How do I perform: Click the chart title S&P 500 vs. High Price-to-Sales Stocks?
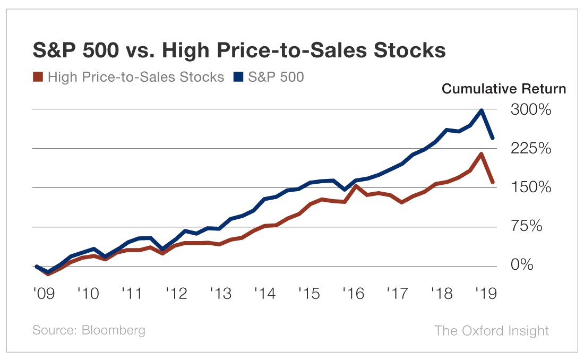(x=239, y=51)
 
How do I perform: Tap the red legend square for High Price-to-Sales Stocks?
(x=38, y=77)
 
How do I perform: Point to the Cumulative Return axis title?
(x=504, y=89)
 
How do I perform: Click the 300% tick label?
(x=530, y=110)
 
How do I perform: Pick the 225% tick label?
(x=530, y=149)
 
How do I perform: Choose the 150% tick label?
(x=530, y=187)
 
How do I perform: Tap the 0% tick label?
(x=522, y=265)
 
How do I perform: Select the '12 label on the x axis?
(x=176, y=293)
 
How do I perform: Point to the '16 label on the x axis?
(x=353, y=293)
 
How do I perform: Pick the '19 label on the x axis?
(x=486, y=293)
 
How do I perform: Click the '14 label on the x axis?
(x=264, y=293)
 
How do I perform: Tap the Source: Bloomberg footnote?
(x=89, y=330)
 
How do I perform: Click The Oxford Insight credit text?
(x=492, y=330)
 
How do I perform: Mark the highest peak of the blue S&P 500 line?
(x=482, y=110)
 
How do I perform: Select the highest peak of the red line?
(x=482, y=155)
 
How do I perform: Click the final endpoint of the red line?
(x=493, y=182)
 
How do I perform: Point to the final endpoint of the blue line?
(x=493, y=138)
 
